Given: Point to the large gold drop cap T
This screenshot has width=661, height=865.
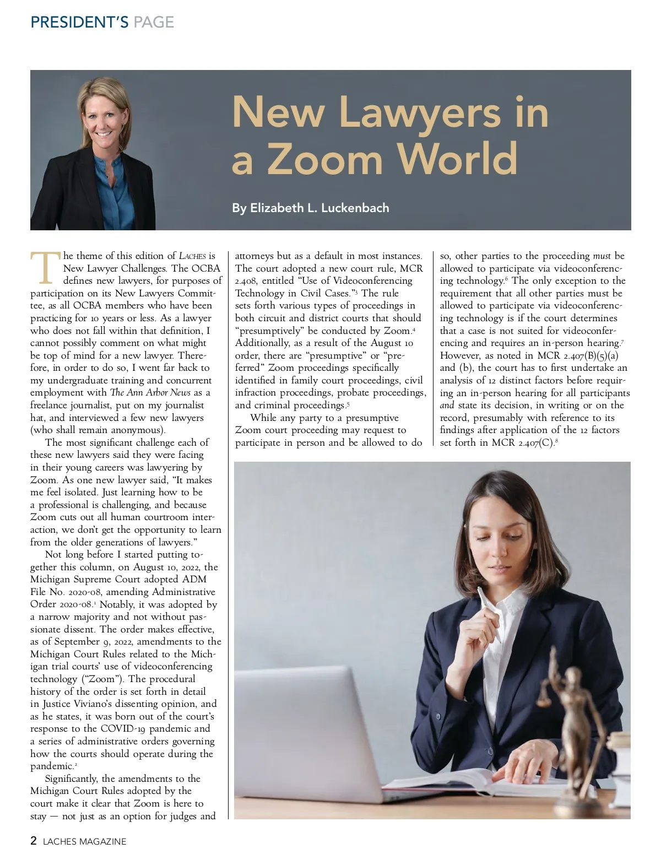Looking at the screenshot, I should tap(44, 268).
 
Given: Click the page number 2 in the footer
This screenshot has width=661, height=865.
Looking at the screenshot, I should tap(34, 841).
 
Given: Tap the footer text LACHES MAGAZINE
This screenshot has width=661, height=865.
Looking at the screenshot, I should tap(85, 841).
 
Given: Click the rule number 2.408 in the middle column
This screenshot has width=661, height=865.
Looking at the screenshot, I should tap(246, 281).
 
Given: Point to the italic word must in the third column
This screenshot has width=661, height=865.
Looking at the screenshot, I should tap(602, 256).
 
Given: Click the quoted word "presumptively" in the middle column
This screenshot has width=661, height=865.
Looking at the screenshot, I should tap(270, 331).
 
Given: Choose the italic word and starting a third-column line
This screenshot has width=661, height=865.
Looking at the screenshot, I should tap(447, 406).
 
